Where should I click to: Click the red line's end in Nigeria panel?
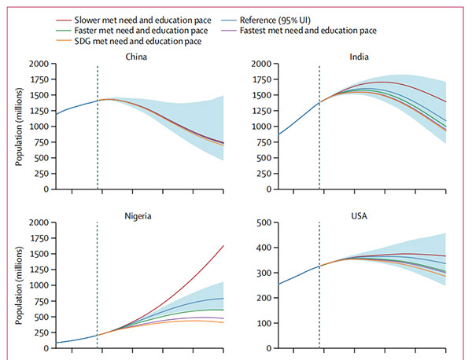tap(223, 246)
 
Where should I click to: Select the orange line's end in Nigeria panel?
tap(223, 322)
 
